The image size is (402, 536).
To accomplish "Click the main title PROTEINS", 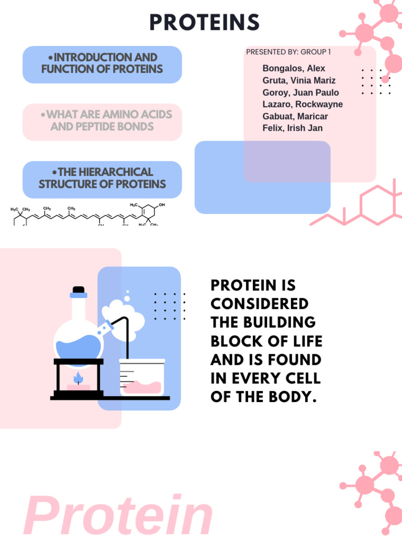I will click(x=204, y=23).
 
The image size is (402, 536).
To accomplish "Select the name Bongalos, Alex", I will click(x=294, y=69).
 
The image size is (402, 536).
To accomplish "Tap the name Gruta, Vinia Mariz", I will click(x=299, y=81).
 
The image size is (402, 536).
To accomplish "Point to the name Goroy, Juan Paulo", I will click(x=300, y=93).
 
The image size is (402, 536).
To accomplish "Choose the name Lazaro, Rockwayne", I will click(x=303, y=104).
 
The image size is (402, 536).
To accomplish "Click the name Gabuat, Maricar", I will click(x=295, y=116).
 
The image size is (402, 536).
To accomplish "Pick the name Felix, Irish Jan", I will click(x=293, y=128).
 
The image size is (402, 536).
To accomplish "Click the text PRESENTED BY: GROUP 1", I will click(x=288, y=52).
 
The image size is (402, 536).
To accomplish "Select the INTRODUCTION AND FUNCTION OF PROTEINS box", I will click(x=102, y=64).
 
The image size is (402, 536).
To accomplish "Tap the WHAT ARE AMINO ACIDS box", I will click(x=102, y=121).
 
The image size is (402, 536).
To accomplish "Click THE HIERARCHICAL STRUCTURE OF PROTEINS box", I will click(x=102, y=178).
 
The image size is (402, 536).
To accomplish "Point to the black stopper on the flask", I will click(x=79, y=289).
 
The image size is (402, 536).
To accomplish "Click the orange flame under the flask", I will click(x=79, y=378).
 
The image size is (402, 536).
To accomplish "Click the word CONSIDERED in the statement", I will click(x=260, y=304).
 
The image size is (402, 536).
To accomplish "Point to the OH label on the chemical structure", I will click(x=162, y=205).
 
